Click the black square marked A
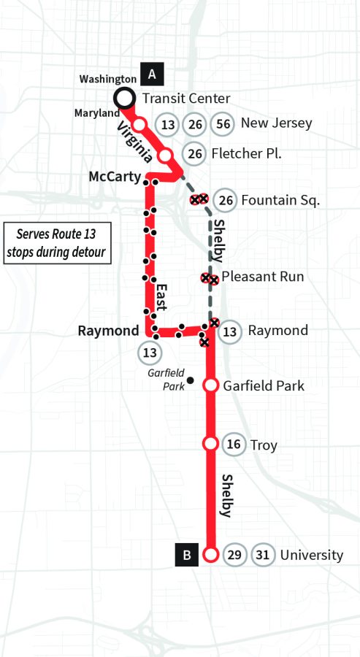tap(152, 74)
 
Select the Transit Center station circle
tap(124, 98)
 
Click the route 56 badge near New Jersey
tap(223, 124)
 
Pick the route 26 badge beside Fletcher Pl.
tap(195, 155)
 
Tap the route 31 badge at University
tap(262, 555)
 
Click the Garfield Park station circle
tap(211, 385)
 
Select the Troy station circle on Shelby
tap(211, 443)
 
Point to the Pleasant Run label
tap(263, 277)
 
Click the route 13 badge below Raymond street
tap(150, 353)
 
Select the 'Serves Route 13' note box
tap(57, 243)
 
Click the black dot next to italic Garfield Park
tap(189, 380)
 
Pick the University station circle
tap(211, 555)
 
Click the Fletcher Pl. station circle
tap(166, 155)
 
